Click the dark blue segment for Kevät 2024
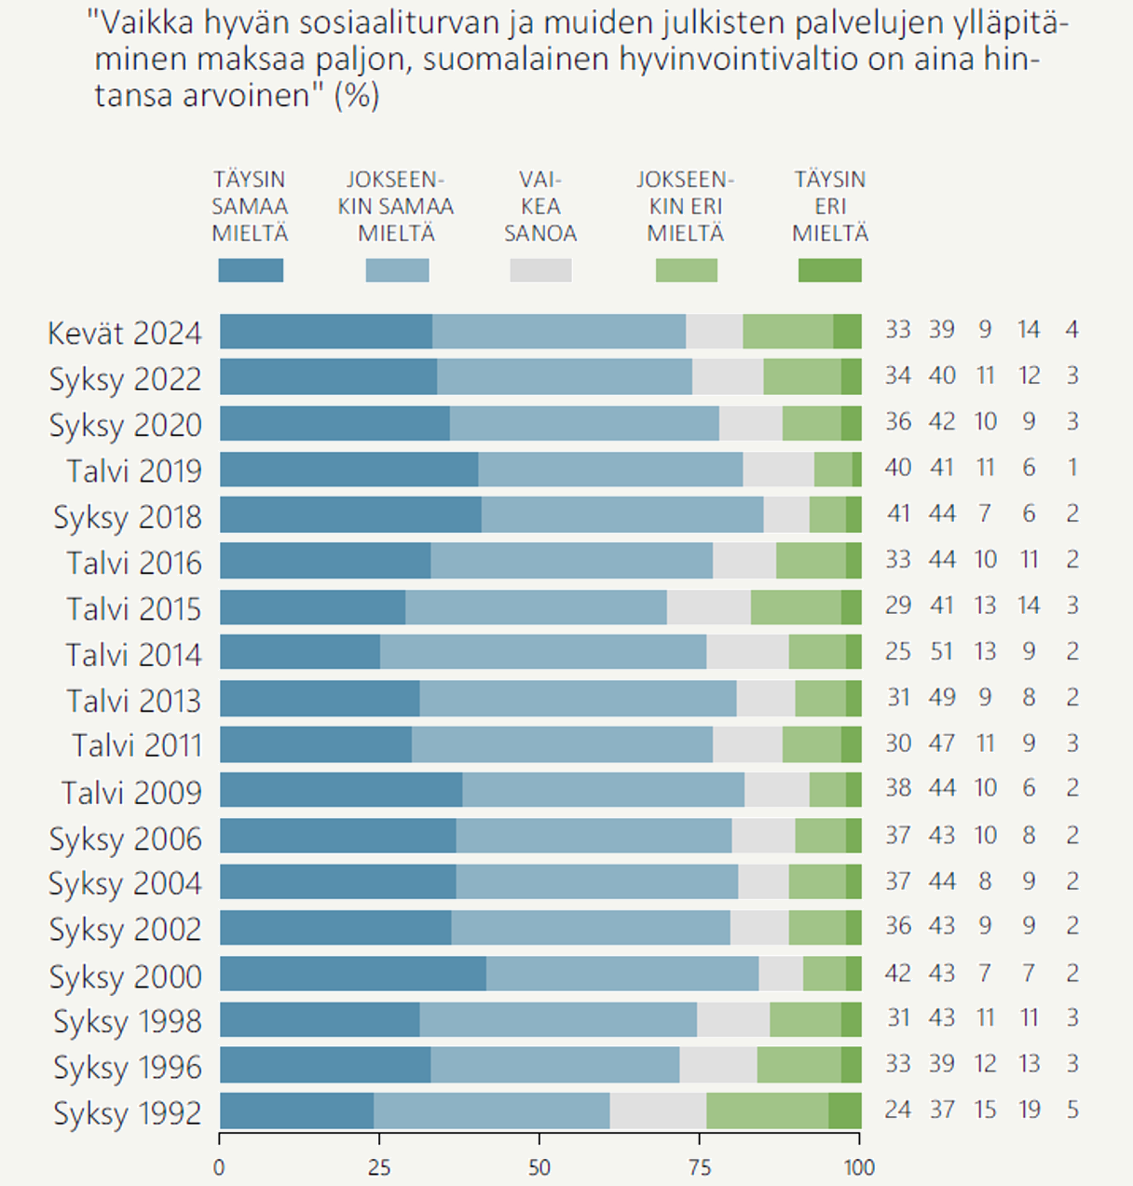click(x=326, y=332)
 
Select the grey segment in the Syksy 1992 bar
click(x=658, y=1111)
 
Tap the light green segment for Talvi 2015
click(x=796, y=607)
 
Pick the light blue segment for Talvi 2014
click(x=543, y=652)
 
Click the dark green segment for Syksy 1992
click(x=845, y=1111)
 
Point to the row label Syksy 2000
click(x=126, y=976)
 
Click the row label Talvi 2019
click(x=134, y=470)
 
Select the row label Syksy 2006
click(x=126, y=838)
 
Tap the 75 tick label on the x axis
click(x=699, y=1167)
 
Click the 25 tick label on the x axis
click(x=379, y=1167)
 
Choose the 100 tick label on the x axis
click(x=859, y=1167)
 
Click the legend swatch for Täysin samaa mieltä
click(x=251, y=270)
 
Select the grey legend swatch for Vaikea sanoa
click(x=540, y=270)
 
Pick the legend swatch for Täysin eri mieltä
click(x=830, y=270)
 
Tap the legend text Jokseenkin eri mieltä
click(x=686, y=206)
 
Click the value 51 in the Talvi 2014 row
click(x=942, y=651)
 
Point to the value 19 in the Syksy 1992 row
click(x=1029, y=1110)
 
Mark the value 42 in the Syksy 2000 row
click(x=898, y=973)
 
